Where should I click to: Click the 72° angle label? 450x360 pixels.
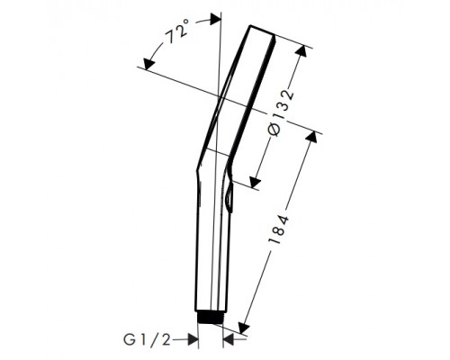point(177,31)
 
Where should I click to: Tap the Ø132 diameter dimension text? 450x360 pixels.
point(281,112)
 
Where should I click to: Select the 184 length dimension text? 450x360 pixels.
point(279,229)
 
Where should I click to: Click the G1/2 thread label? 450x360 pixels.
point(147,340)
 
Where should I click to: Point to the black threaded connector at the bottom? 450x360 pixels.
point(211,318)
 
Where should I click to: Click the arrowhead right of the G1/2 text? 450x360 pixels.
point(193,340)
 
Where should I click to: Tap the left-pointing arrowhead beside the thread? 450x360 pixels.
point(229,340)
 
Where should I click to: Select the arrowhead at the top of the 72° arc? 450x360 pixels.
point(215,20)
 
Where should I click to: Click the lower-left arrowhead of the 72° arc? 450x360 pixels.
point(148,64)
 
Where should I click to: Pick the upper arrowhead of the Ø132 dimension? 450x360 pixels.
point(301,50)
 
